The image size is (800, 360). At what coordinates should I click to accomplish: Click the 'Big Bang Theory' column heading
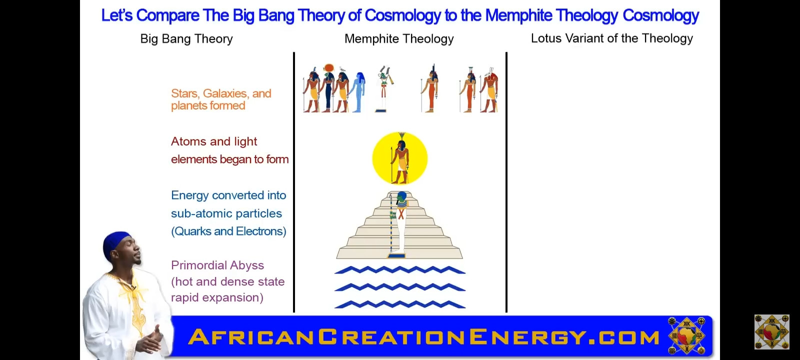point(186,38)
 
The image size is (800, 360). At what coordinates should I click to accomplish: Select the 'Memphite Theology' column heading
point(399,38)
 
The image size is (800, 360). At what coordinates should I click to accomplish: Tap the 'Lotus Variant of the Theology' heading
point(612,38)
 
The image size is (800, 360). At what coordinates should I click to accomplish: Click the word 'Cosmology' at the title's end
point(660,15)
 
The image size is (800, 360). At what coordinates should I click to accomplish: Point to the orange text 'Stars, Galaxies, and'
point(221,93)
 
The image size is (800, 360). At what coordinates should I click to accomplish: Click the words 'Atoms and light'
point(214,141)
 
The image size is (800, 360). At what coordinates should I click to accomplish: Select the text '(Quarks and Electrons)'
point(228,231)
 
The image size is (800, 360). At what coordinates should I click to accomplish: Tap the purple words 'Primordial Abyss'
point(217,265)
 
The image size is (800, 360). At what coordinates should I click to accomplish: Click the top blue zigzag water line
point(400,270)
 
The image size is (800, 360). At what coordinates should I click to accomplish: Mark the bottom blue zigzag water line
point(400,304)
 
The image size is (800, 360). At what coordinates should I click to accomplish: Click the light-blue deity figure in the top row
point(358,92)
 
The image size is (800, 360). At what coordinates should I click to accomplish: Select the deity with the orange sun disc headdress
point(328,88)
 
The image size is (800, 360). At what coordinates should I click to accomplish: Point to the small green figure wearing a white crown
point(384,88)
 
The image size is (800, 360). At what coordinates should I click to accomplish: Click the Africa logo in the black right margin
point(772,332)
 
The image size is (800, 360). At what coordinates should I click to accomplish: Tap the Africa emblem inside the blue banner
point(686,335)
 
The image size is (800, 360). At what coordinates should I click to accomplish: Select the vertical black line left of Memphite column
point(294,182)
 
